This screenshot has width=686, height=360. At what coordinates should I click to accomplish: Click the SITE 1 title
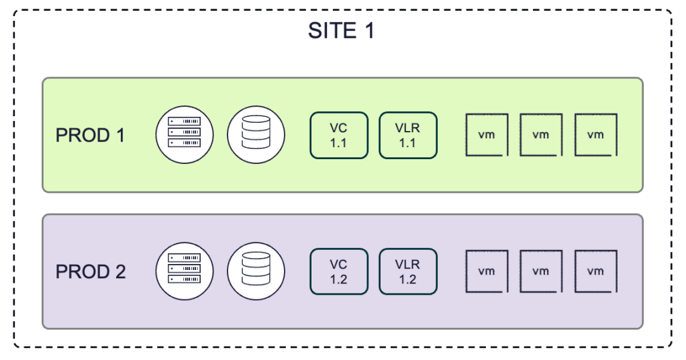coord(341,31)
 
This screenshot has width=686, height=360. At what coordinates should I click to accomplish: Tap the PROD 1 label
coord(90,135)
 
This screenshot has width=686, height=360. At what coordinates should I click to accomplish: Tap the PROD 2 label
coord(91,272)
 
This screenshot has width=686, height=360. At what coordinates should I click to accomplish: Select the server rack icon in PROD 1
coord(185,135)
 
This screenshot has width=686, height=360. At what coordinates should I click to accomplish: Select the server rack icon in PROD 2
coord(185,271)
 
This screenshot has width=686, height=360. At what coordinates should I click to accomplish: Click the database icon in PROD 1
coord(256,135)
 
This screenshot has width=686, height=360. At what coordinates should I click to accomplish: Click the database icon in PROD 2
coord(256,271)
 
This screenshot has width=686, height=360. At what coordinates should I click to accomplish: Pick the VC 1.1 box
coord(339,135)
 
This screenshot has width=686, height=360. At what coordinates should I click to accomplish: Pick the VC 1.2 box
coord(339,271)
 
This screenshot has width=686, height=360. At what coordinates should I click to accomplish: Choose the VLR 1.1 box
coord(408,135)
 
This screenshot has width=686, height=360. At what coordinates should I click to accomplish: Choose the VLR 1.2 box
coord(408,271)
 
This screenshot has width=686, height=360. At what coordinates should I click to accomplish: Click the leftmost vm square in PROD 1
coord(487,135)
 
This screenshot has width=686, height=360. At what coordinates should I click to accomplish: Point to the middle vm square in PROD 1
coord(541,135)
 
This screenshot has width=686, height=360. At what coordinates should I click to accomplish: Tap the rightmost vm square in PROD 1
coord(596,135)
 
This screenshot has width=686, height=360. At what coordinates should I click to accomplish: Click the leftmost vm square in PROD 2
coord(487,271)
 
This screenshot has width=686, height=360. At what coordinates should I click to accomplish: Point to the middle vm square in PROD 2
coord(541,271)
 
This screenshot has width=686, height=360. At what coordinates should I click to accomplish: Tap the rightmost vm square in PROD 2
coord(596,271)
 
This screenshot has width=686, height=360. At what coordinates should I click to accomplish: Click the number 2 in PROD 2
coord(120,272)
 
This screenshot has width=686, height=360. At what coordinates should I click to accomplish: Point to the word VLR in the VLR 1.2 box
coord(407,265)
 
